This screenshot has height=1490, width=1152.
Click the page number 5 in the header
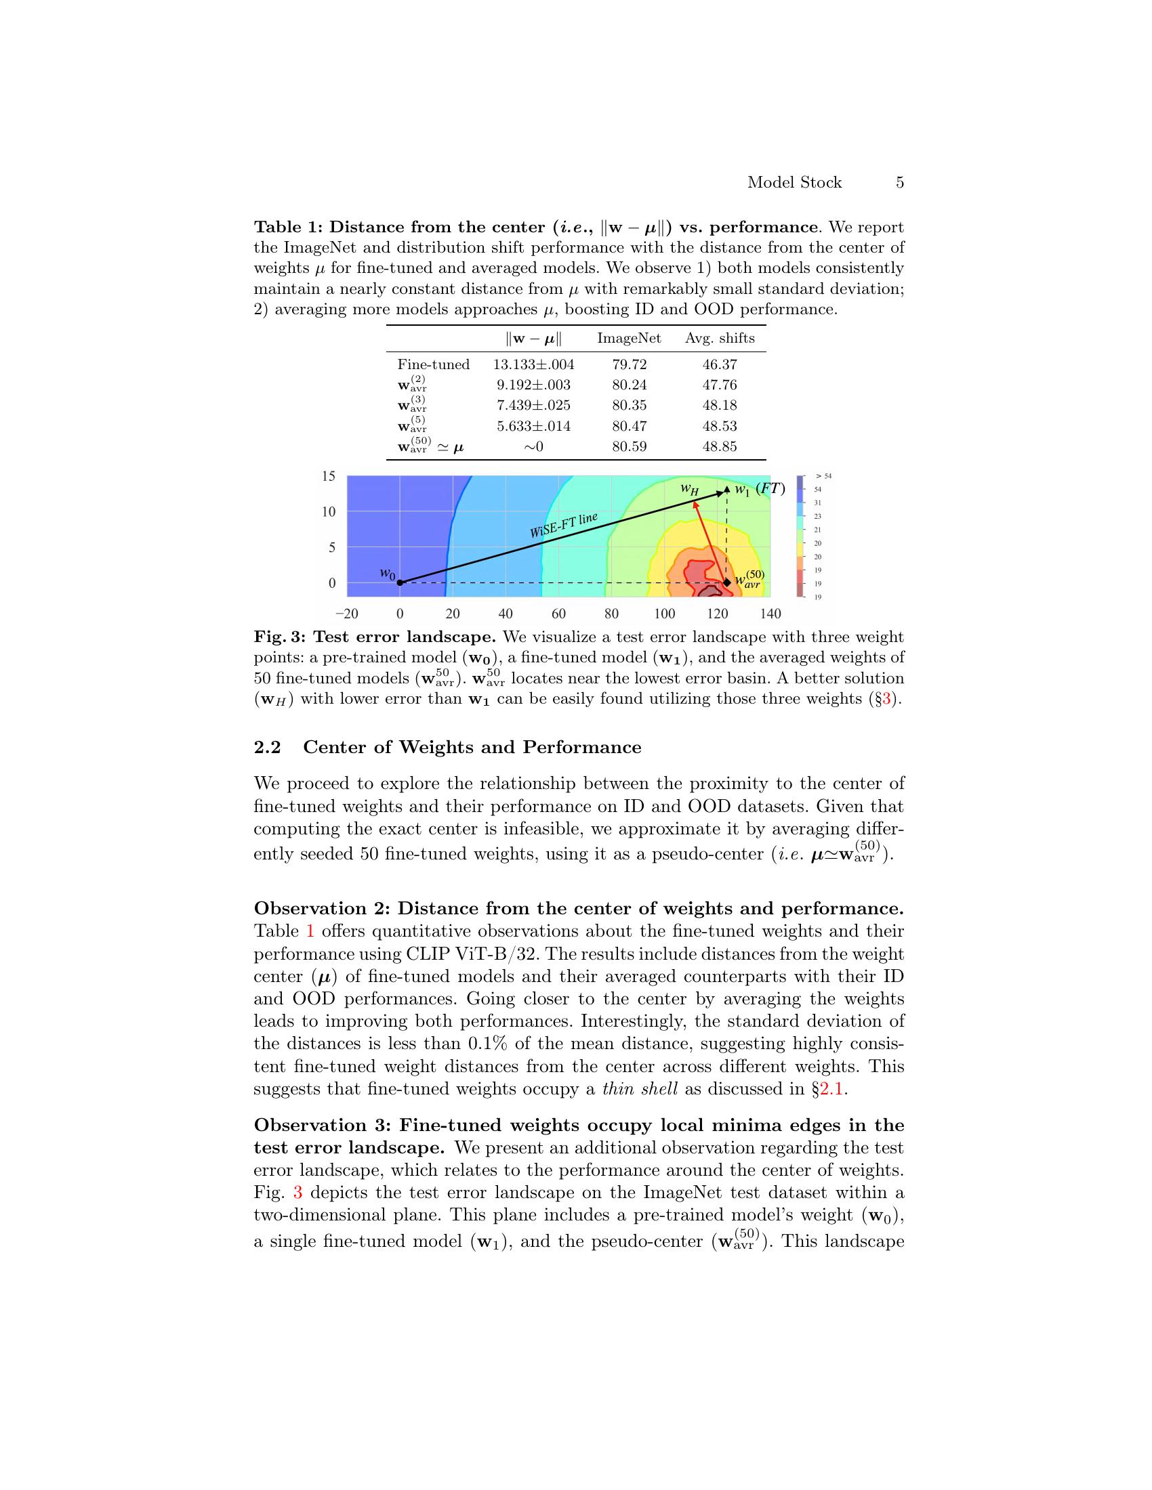click(x=899, y=182)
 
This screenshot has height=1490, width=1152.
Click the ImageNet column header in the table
click(x=629, y=339)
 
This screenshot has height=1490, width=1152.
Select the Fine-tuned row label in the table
click(x=434, y=364)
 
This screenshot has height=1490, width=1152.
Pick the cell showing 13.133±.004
click(x=533, y=364)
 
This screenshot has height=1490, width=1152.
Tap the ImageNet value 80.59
click(x=629, y=447)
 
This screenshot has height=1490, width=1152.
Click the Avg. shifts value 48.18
click(x=719, y=405)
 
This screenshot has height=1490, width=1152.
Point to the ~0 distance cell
click(x=533, y=447)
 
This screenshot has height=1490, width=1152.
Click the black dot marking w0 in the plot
click(x=400, y=582)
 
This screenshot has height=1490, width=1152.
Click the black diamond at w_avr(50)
click(x=727, y=582)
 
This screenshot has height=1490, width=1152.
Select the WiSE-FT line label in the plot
click(x=564, y=526)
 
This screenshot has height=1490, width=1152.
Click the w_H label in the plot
click(x=689, y=489)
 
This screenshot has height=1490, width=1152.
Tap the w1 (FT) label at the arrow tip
click(x=759, y=489)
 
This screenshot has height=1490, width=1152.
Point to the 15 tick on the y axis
click(x=329, y=475)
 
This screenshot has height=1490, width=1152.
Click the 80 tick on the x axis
click(x=611, y=614)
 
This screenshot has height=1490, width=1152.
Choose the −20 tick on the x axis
click(x=347, y=614)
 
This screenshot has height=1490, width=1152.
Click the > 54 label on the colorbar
click(x=823, y=476)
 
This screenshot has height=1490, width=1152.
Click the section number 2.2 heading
click(x=267, y=747)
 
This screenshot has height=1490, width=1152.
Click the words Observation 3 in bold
click(x=321, y=1126)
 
